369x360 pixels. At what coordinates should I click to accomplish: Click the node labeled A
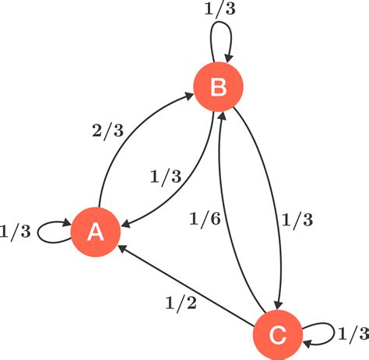pyautogui.click(x=96, y=231)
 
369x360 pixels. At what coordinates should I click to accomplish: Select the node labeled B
pyautogui.click(x=219, y=88)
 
